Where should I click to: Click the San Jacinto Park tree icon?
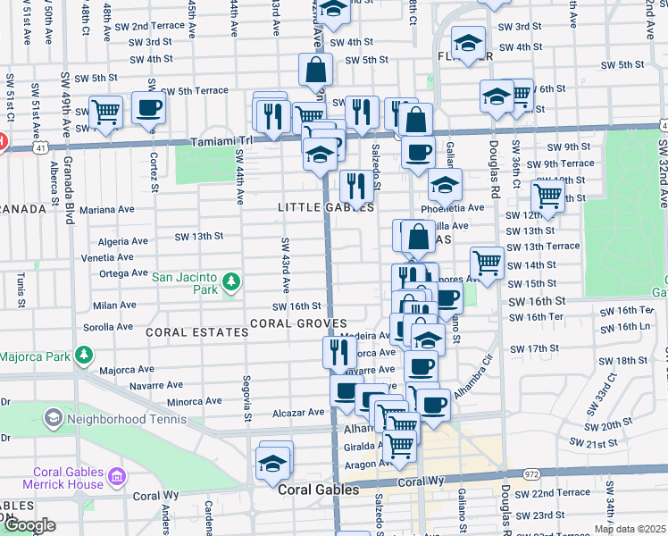click(x=231, y=282)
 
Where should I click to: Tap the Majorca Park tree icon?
click(x=83, y=356)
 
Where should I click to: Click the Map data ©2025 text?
click(x=630, y=529)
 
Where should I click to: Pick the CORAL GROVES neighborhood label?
click(x=297, y=322)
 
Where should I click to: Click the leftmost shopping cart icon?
click(x=105, y=113)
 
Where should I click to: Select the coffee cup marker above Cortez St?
click(x=148, y=108)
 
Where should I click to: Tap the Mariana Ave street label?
click(x=107, y=209)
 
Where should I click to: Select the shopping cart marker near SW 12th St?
click(x=547, y=197)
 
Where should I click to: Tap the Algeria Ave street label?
click(x=122, y=241)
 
